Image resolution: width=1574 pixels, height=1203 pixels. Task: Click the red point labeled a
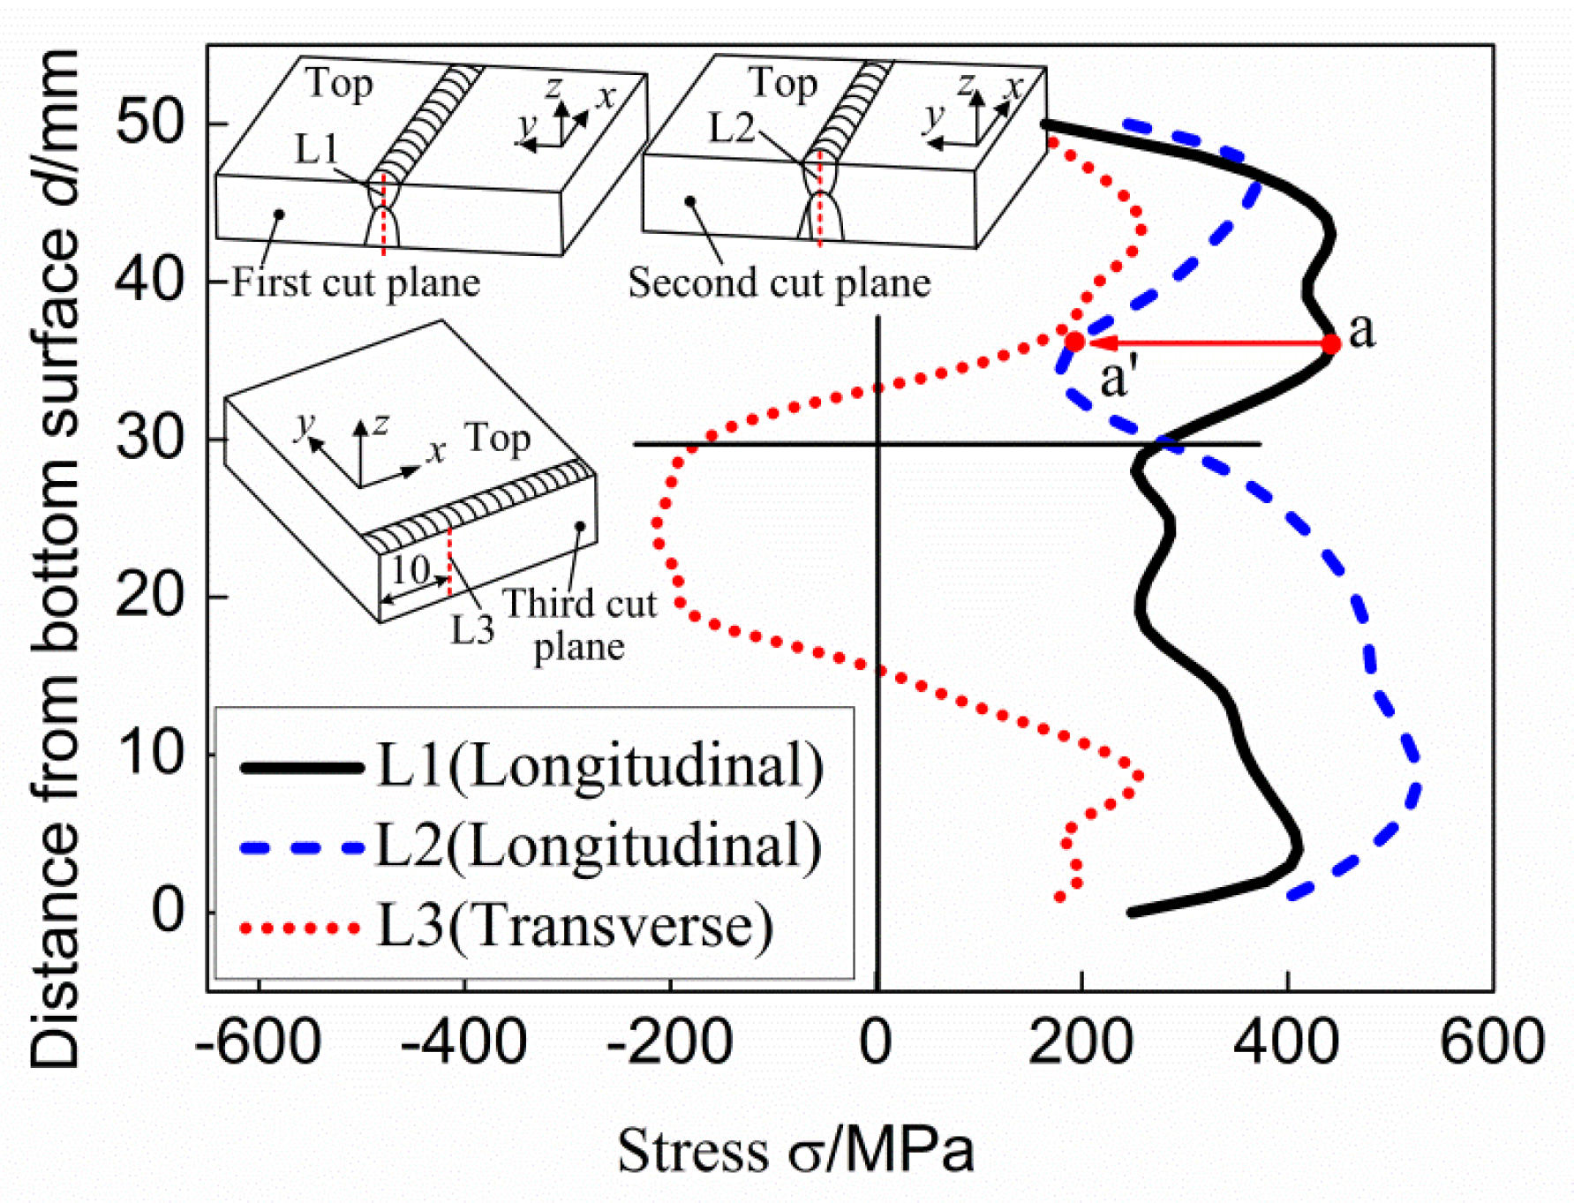click(1330, 343)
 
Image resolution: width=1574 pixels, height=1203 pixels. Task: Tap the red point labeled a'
click(1074, 342)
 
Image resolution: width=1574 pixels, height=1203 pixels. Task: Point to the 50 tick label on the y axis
click(149, 122)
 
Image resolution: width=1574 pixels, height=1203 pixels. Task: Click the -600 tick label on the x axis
click(258, 1042)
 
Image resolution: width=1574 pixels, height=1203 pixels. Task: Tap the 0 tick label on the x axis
click(876, 1042)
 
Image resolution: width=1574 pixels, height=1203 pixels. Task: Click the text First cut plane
click(356, 283)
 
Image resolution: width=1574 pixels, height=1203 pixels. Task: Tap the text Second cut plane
click(779, 283)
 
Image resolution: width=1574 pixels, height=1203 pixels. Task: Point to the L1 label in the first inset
click(316, 149)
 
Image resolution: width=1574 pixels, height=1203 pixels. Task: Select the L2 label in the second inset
click(731, 129)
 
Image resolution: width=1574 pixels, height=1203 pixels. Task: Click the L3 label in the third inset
click(472, 630)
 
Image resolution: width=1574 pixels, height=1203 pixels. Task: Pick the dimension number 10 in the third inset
click(410, 571)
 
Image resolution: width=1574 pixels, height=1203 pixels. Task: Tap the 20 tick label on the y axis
click(149, 596)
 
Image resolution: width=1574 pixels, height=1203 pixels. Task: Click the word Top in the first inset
click(340, 84)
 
